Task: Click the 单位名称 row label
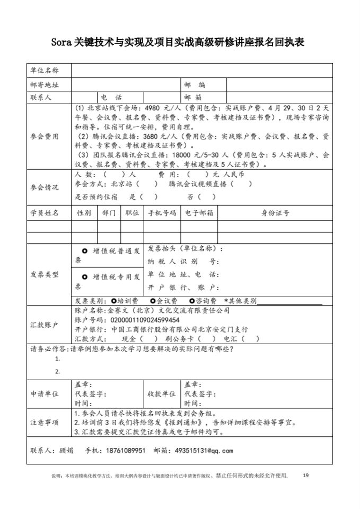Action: (45, 71)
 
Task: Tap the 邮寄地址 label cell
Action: (45, 84)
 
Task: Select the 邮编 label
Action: (195, 84)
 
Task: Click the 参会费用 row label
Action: (45, 136)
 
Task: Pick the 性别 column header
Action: (84, 213)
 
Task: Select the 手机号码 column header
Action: (162, 213)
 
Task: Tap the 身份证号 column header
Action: (275, 213)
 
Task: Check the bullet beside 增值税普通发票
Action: (85, 251)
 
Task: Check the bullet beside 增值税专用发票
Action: (85, 277)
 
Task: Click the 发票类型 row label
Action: (45, 275)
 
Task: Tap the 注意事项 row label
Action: (45, 423)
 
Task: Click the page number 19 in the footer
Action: (305, 475)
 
